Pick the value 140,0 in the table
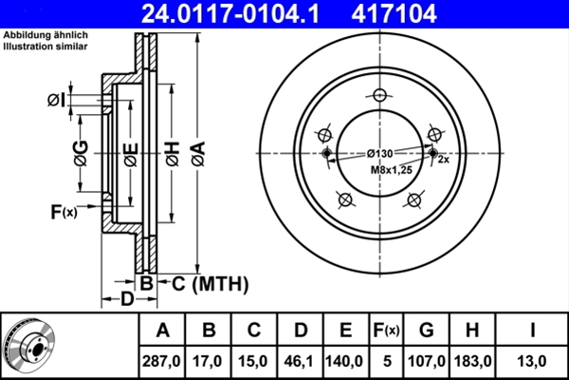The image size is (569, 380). tap(346, 361)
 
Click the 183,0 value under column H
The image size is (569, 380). tap(471, 361)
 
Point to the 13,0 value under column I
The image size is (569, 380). tap(532, 361)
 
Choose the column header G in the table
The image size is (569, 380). tap(427, 332)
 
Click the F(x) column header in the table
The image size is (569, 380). tap(387, 332)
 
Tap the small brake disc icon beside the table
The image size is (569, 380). tap(28, 346)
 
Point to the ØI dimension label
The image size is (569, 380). tap(56, 100)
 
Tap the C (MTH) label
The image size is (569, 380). tap(203, 282)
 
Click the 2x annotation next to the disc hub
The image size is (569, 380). tap(443, 160)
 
